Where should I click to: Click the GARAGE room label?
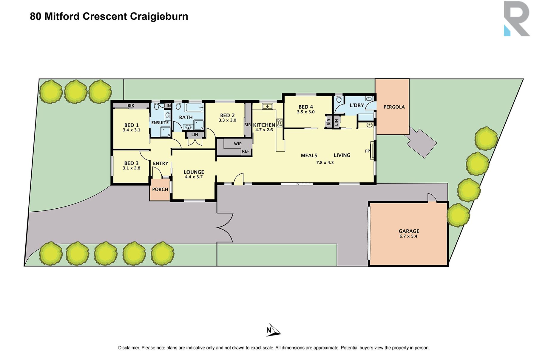click(409, 231)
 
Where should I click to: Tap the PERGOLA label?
click(394, 107)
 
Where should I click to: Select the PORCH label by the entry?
click(160, 189)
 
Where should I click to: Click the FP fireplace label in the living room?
click(367, 151)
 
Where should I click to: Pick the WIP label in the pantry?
click(238, 144)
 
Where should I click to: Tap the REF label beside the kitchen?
click(246, 151)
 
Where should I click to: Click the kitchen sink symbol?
click(267, 106)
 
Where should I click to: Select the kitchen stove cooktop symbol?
click(280, 123)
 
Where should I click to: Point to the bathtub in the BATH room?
click(194, 107)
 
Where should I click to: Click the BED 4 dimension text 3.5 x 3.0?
click(306, 112)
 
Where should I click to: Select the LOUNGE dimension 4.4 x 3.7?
click(194, 177)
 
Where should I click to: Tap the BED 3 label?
click(131, 163)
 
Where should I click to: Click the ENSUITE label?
click(160, 123)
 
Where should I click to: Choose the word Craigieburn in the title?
click(159, 16)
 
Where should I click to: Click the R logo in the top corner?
click(516, 19)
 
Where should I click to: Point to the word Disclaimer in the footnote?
click(129, 348)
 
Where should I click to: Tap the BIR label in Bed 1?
click(131, 106)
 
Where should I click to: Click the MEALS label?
click(309, 156)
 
